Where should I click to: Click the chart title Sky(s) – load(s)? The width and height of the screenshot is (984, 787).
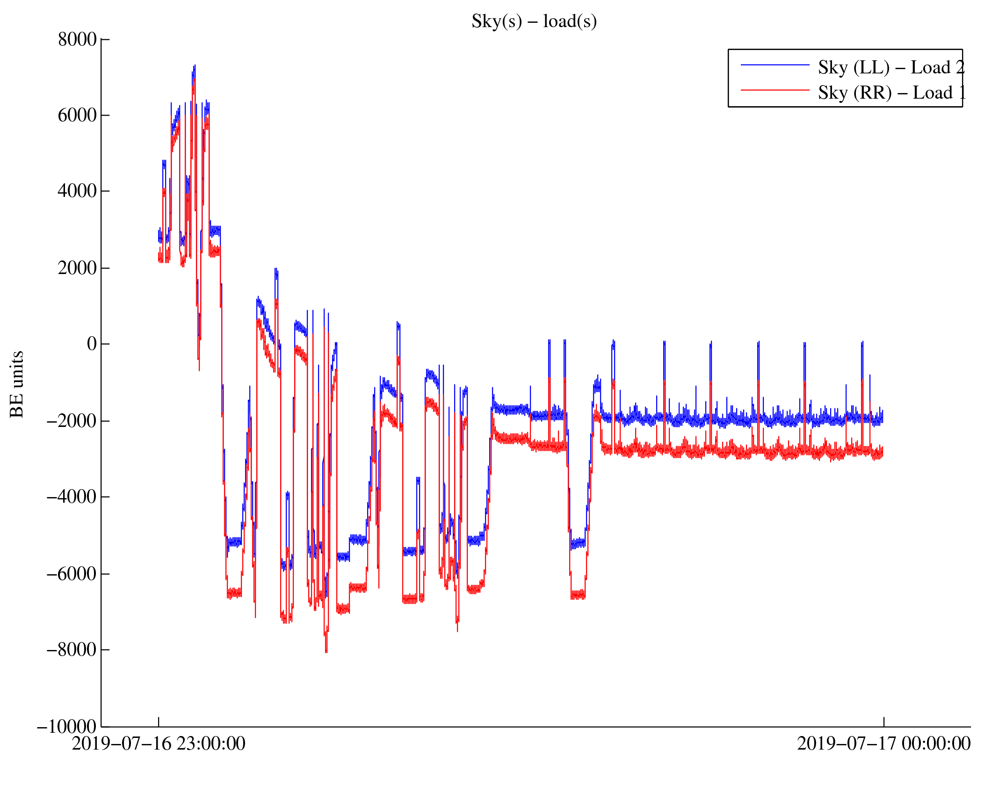[534, 22]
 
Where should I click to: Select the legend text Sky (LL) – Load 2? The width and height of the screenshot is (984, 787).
[890, 68]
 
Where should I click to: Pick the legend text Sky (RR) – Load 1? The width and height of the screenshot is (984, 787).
[891, 93]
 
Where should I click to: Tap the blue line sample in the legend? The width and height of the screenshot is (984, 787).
[774, 65]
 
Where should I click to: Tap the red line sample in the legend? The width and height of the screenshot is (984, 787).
[774, 90]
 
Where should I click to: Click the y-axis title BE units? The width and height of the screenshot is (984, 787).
[17, 384]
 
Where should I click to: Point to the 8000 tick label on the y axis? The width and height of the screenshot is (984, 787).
[77, 40]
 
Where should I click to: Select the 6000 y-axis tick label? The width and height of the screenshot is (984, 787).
[77, 116]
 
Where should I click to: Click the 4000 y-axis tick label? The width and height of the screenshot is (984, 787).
[77, 191]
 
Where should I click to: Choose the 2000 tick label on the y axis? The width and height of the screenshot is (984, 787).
[77, 268]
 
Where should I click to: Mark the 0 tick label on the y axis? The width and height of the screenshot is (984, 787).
[92, 344]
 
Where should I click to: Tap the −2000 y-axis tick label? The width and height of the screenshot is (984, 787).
[72, 421]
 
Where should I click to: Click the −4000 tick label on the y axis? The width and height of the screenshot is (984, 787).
[72, 497]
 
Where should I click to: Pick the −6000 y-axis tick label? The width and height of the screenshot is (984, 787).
[72, 574]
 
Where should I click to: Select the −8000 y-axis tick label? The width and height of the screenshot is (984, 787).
[72, 650]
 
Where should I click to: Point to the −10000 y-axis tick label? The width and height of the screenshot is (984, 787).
[67, 727]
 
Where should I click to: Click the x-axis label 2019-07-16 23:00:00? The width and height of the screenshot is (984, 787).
[159, 744]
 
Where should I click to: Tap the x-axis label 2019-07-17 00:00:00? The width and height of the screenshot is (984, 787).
[883, 744]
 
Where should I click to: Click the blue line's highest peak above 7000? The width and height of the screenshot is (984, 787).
[195, 66]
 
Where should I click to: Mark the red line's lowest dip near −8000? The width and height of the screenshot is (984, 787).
[326, 651]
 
